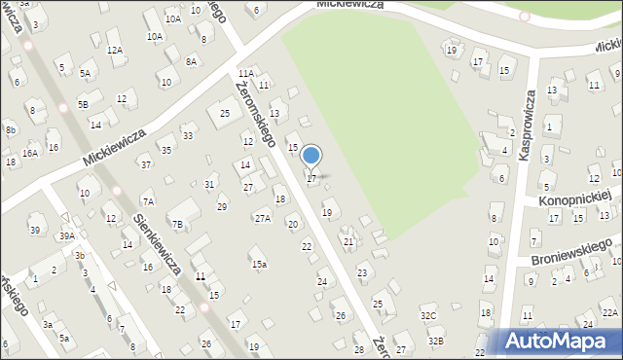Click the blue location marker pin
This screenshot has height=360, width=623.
(311, 156)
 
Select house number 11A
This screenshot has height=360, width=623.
(245, 73)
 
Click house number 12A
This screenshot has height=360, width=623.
(115, 50)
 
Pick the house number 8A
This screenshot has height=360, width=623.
(192, 61)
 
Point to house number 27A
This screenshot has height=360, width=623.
(263, 218)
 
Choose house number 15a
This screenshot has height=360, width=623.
(258, 264)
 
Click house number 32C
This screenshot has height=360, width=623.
(428, 315)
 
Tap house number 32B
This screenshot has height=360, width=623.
(436, 341)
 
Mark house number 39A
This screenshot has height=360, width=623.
(66, 235)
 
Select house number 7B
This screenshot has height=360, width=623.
(177, 224)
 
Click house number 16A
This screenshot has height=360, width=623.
(30, 153)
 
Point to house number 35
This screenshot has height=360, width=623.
(166, 150)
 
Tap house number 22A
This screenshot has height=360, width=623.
(609, 311)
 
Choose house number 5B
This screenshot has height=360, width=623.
(83, 104)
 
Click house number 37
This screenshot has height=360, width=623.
(145, 164)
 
